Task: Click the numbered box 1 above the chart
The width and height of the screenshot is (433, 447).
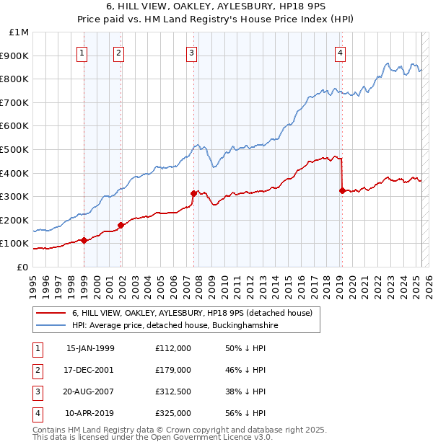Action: tap(82, 52)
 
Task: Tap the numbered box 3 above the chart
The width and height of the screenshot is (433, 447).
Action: tap(191, 52)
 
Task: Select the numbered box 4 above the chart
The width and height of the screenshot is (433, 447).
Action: tap(339, 52)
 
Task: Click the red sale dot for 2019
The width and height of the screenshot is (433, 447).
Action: tap(342, 190)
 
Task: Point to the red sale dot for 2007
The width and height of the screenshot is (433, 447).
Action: tap(193, 193)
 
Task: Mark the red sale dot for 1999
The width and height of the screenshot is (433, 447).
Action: tap(84, 240)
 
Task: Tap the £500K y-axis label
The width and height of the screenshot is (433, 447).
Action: tap(16, 149)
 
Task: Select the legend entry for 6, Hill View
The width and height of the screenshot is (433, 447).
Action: tap(191, 313)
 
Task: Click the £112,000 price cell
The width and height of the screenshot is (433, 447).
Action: tap(173, 348)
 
